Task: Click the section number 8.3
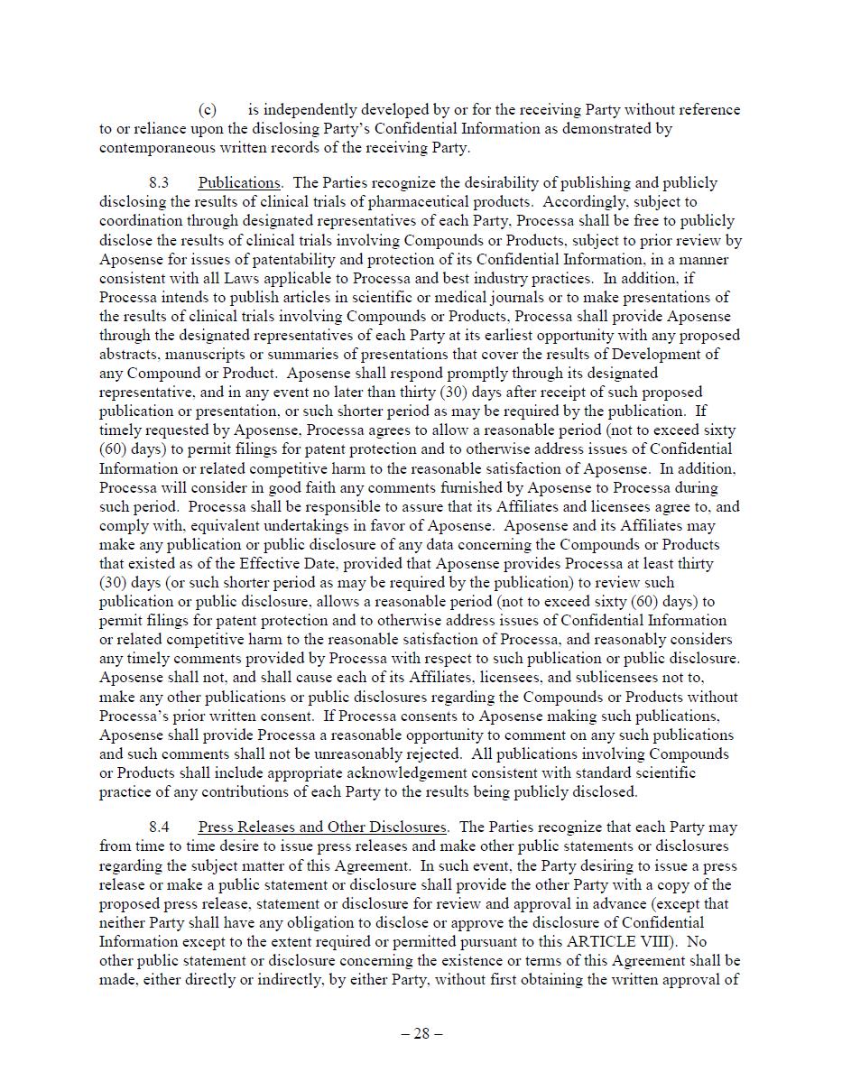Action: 159,182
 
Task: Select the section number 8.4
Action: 159,827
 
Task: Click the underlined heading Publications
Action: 239,182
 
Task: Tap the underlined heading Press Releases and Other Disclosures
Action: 322,827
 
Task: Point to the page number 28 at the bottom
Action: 421,1034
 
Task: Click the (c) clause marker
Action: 208,110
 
